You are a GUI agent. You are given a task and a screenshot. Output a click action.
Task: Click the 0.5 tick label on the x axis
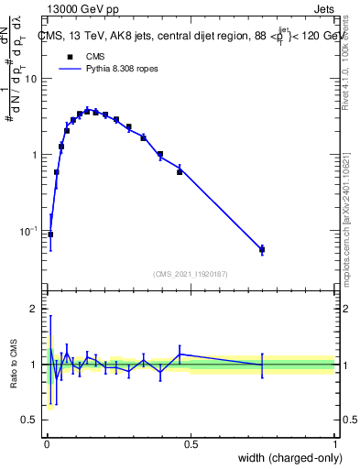coord(191,444)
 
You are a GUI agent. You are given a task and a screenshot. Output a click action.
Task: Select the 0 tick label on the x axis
coord(47,444)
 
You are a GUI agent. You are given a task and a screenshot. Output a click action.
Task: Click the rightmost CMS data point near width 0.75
coord(262,249)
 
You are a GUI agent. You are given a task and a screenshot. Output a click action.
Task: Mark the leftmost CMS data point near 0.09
coord(50,234)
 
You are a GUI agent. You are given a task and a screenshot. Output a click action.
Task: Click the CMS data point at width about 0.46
coord(180,171)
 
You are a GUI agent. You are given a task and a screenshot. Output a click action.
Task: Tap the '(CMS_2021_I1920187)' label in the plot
coord(191,272)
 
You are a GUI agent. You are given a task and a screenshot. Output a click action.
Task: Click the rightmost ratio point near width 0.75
coord(262,365)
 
